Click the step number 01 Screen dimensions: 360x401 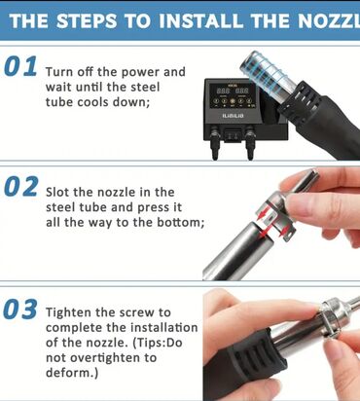(x=20, y=66)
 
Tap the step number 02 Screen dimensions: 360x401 (x=21, y=187)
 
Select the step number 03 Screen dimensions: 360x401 (x=20, y=309)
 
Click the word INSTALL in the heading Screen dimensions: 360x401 (x=200, y=20)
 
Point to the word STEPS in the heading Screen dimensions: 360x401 (x=87, y=20)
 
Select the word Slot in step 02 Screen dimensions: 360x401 (x=57, y=192)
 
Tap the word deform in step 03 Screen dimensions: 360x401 (x=69, y=373)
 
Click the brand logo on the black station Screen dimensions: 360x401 (x=233, y=116)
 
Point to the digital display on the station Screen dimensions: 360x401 (x=233, y=91)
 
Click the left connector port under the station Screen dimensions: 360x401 (x=214, y=143)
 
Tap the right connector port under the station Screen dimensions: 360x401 (x=249, y=143)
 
